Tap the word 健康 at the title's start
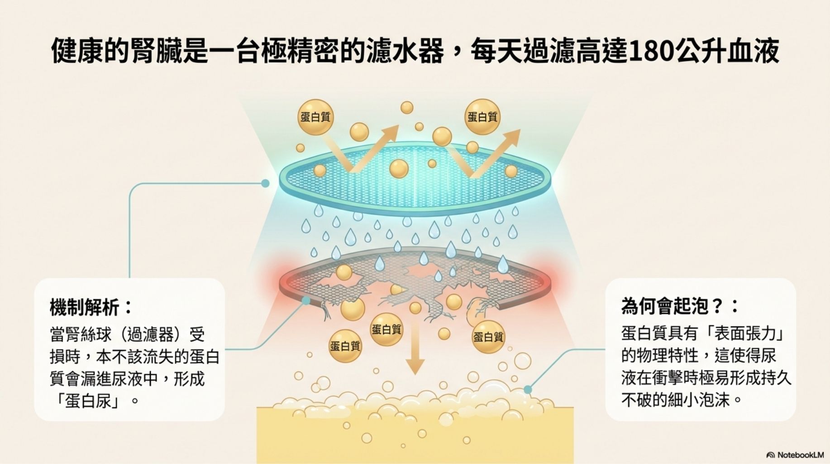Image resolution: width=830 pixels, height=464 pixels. click(77, 52)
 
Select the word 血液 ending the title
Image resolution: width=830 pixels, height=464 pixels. click(754, 52)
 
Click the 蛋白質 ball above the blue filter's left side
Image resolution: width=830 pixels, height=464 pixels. click(315, 117)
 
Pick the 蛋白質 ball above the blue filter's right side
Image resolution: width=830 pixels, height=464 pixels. click(482, 117)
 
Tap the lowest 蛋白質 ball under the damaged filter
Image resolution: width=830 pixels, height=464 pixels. click(345, 347)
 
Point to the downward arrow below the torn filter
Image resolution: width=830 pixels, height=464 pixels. click(415, 354)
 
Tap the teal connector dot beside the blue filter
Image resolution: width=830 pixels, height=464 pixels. click(265, 183)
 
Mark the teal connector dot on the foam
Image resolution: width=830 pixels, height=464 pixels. click(528, 390)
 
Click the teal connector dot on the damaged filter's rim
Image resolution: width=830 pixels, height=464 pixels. click(306, 300)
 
